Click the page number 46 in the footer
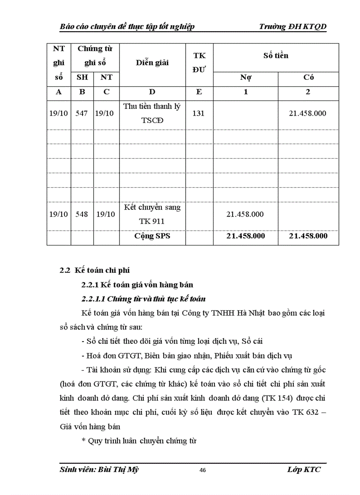[202, 470]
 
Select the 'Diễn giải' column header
[152, 63]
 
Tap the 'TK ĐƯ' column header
[199, 62]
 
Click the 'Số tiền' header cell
[276, 56]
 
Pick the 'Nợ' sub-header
[246, 78]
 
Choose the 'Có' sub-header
[308, 78]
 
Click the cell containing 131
[199, 113]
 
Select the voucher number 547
[82, 113]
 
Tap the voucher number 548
[82, 214]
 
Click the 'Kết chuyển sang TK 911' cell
[152, 214]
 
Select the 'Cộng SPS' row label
[152, 236]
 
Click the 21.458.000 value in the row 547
[307, 113]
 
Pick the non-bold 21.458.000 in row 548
[245, 214]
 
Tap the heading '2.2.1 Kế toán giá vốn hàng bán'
[137, 284]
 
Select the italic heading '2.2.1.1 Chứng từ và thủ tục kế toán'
[143, 299]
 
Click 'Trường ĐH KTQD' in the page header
[293, 27]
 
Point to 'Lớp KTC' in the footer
[304, 469]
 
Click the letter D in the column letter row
[152, 92]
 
